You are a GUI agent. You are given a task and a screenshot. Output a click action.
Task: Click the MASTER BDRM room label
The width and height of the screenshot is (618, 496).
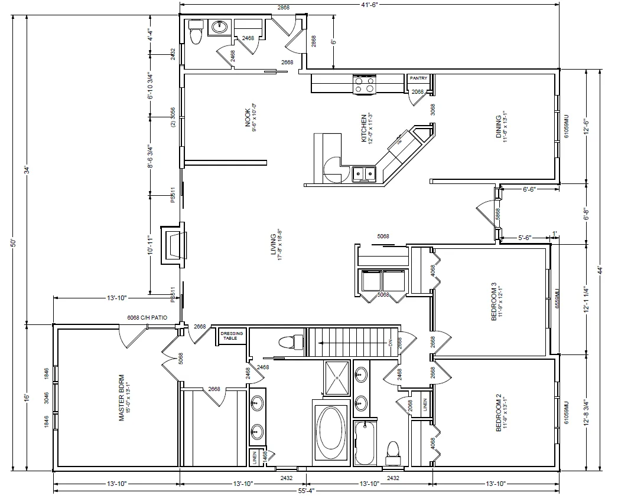(x=121, y=397)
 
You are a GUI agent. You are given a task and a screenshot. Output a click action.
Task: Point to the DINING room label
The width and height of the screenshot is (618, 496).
(x=499, y=127)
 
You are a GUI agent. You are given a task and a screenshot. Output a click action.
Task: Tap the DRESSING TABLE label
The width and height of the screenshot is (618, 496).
(x=232, y=336)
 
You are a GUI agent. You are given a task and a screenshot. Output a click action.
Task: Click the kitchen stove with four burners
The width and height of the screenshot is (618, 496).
(x=365, y=84)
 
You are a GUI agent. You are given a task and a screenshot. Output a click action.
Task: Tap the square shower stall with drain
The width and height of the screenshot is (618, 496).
(x=337, y=376)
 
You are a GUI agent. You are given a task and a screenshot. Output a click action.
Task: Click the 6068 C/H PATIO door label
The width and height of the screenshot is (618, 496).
(x=148, y=318)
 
